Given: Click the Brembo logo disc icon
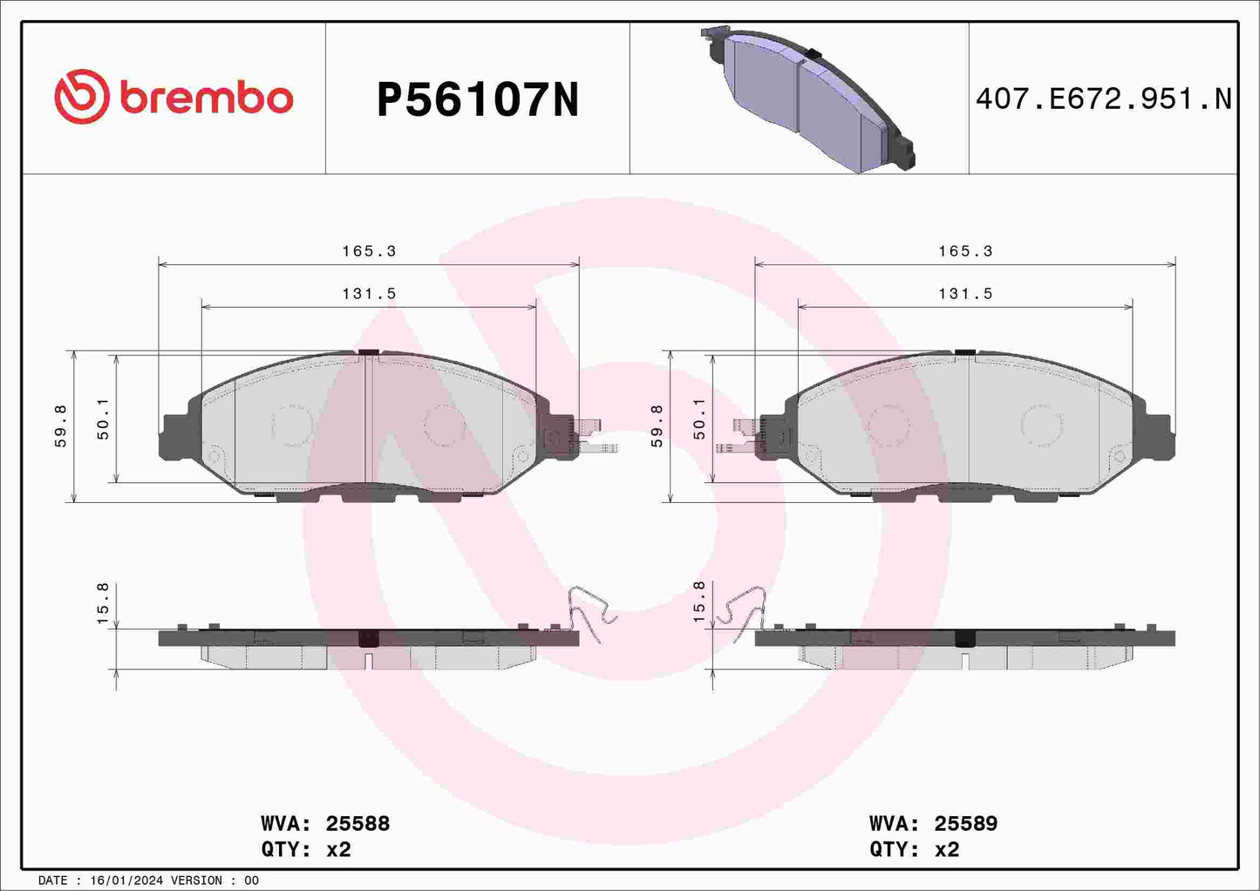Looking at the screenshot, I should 81,97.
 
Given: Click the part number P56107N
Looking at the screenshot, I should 477,100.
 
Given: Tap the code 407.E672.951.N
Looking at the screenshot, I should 1103,99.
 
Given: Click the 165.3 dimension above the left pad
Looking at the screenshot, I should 369,251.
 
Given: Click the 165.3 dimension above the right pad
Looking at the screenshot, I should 965,251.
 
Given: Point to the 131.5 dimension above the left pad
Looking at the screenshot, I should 369,294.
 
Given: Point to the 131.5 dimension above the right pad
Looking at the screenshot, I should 965,294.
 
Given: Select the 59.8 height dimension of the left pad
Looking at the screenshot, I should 61,426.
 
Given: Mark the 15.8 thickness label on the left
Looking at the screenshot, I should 103,603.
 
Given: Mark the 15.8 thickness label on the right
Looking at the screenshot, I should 699,603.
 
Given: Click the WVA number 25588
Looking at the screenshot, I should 358,824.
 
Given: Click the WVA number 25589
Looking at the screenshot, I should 965,824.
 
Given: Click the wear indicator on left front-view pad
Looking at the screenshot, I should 586,436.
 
